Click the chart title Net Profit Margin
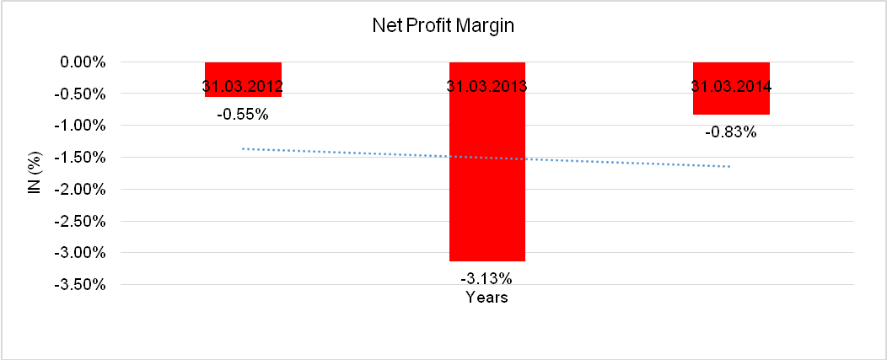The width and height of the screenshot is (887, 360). (443, 26)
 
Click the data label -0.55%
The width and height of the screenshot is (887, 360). (243, 114)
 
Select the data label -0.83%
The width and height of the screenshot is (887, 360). (731, 132)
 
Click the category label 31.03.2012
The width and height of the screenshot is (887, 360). (243, 86)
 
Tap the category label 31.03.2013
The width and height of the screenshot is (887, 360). (487, 86)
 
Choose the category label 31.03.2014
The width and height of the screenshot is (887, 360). (731, 86)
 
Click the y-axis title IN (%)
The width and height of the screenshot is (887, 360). (35, 173)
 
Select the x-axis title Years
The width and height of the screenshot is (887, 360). (487, 298)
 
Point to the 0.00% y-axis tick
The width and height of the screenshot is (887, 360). (80, 62)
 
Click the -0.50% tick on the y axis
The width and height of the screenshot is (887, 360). (78, 94)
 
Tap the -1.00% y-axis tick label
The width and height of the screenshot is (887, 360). (78, 126)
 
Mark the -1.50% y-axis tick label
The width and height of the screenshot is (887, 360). (78, 158)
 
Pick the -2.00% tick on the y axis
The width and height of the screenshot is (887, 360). (78, 189)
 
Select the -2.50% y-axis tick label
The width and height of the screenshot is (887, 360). (78, 221)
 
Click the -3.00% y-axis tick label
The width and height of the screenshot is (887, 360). (78, 253)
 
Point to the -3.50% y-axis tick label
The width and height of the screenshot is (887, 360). (78, 284)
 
